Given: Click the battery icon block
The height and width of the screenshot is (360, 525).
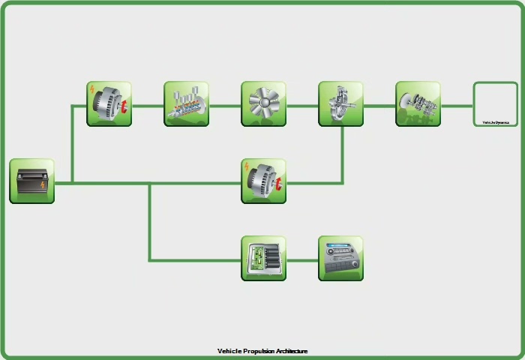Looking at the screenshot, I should tap(31, 181).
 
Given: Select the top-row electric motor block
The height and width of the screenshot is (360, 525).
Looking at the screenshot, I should tap(109, 104).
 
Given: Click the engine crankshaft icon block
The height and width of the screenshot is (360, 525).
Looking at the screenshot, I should tap(186, 104).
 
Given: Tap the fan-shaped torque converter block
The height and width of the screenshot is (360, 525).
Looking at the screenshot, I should tap(263, 104).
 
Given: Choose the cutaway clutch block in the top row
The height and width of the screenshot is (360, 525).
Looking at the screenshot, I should tap(340, 104).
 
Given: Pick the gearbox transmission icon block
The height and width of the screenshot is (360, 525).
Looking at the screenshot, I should tap(418, 104).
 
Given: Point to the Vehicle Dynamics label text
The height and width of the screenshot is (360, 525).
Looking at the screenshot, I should tap(495, 122).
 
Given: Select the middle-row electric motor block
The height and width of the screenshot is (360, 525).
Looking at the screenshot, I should tap(263, 181).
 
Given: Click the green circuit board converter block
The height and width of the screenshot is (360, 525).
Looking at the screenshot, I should tap(263, 259).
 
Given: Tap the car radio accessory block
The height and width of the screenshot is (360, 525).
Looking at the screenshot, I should tap(340, 259).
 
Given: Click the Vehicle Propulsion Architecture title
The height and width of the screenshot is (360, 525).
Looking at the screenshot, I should tap(262, 351).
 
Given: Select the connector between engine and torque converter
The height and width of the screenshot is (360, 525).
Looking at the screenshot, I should tap(225, 106).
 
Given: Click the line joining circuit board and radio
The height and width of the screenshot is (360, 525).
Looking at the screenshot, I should tap(302, 260).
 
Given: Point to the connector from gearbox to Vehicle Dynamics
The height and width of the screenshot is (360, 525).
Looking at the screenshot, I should tap(457, 106).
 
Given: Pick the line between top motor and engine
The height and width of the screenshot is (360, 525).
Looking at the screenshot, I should tap(148, 106).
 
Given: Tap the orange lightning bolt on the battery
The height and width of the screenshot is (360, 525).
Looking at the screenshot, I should tap(43, 184).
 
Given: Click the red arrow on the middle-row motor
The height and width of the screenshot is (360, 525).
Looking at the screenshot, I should tap(277, 184).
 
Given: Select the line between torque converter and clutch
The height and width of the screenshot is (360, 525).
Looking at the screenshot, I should tap(302, 106).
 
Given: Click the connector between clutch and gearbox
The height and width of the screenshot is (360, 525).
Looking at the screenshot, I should tap(379, 106).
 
